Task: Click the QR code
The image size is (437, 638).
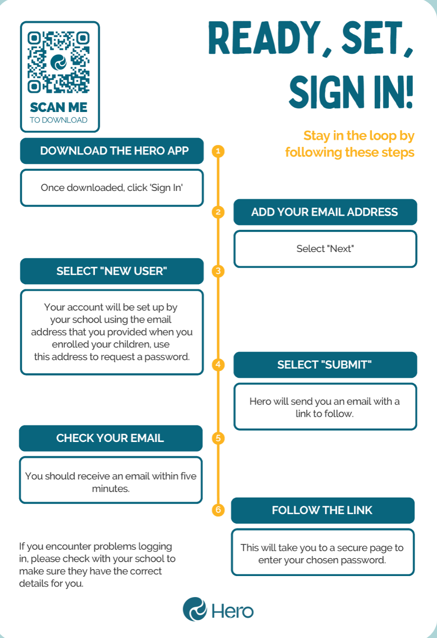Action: [x=58, y=62]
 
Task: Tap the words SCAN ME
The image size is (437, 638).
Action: [x=58, y=107]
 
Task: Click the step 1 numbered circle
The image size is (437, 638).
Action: [x=218, y=151]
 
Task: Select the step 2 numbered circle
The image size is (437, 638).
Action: [x=218, y=212]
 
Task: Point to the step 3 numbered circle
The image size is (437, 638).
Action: [x=218, y=271]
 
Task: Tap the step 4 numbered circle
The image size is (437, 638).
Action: [x=218, y=365]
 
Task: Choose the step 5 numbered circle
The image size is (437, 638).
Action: [x=218, y=438]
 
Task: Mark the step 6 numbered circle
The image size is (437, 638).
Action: [x=218, y=510]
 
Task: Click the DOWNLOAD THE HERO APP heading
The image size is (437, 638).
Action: [x=114, y=151]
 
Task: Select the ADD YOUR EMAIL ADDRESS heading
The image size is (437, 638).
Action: [x=325, y=212]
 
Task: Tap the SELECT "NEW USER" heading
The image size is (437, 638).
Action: [x=112, y=271]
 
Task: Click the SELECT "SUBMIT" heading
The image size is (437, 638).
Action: [x=325, y=365]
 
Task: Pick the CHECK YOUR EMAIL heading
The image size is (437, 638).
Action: [x=110, y=438]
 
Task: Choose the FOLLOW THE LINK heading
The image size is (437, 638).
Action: [x=322, y=510]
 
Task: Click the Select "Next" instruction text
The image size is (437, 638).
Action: [x=325, y=249]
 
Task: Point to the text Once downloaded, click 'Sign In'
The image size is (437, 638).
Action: [x=112, y=188]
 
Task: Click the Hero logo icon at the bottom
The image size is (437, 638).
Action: [x=195, y=609]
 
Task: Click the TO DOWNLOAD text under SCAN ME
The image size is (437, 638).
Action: [x=58, y=120]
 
